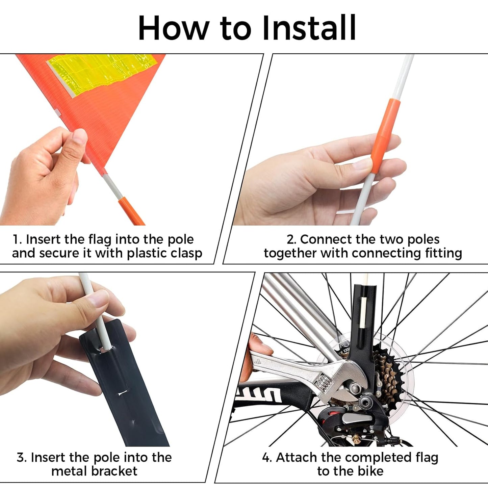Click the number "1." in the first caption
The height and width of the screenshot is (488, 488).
coord(17,239)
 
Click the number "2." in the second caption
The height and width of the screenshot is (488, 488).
coord(291,239)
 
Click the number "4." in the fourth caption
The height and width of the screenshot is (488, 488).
coord(267,458)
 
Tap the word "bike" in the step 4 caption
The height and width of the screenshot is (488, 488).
coord(370,471)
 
